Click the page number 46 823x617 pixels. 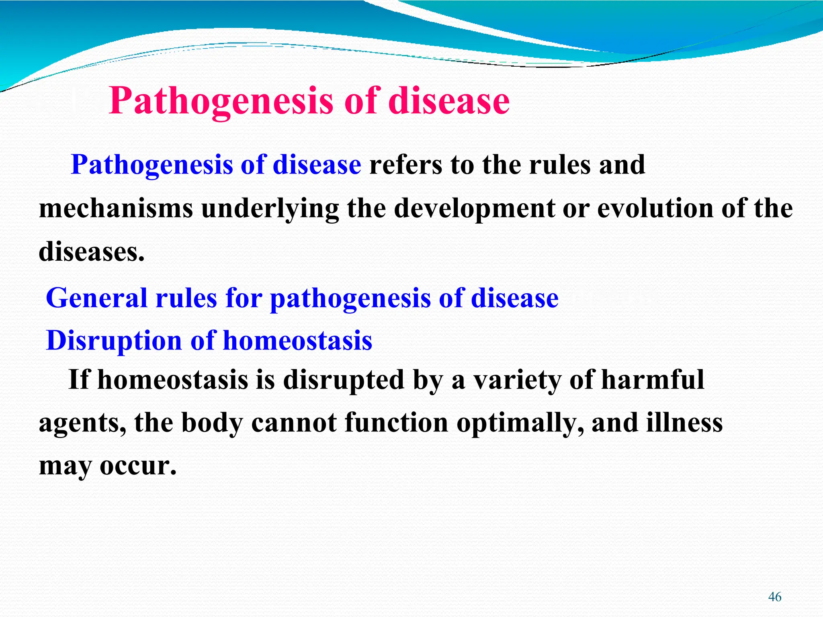coord(774,597)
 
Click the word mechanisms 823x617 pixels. coord(116,209)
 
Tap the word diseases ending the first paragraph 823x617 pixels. coord(91,252)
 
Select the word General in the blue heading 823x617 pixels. coord(97,298)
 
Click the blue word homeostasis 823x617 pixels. coord(297,341)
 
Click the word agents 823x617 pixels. coord(82,424)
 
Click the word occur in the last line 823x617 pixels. coord(138,466)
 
